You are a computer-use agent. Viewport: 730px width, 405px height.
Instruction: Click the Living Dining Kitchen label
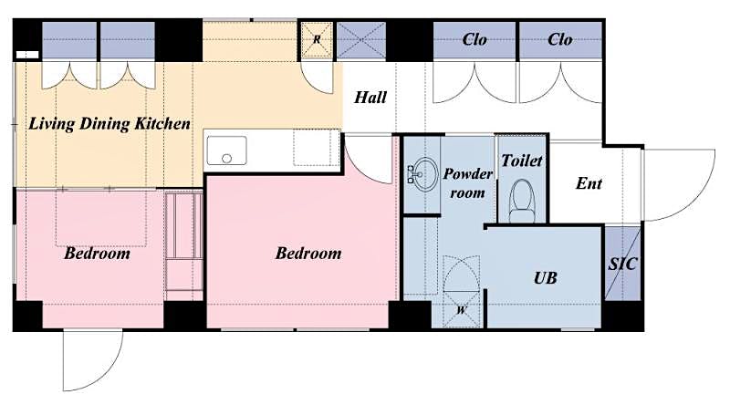[109, 123]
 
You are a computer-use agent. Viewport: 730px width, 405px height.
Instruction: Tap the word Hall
[370, 97]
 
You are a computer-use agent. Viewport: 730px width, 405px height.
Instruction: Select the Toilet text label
[522, 161]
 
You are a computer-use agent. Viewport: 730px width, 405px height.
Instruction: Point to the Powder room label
[468, 182]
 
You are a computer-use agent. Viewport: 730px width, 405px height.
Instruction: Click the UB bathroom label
[545, 277]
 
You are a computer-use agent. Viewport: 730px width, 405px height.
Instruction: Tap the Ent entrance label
[589, 183]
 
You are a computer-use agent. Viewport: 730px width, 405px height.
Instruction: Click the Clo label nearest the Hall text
[474, 39]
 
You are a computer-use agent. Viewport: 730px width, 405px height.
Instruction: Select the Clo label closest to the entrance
[560, 39]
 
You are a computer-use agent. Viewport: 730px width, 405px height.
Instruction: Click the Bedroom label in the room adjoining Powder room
[308, 253]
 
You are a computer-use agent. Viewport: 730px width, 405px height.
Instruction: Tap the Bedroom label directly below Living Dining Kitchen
[97, 253]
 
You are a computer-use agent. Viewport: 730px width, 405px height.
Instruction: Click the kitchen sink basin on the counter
[226, 151]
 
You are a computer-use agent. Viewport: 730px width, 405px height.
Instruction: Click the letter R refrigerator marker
[318, 39]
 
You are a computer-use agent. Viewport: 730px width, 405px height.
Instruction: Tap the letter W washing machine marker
[461, 308]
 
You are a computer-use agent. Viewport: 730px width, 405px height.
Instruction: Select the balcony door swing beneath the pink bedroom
[92, 360]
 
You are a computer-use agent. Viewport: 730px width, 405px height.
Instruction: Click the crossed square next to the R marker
[361, 40]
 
